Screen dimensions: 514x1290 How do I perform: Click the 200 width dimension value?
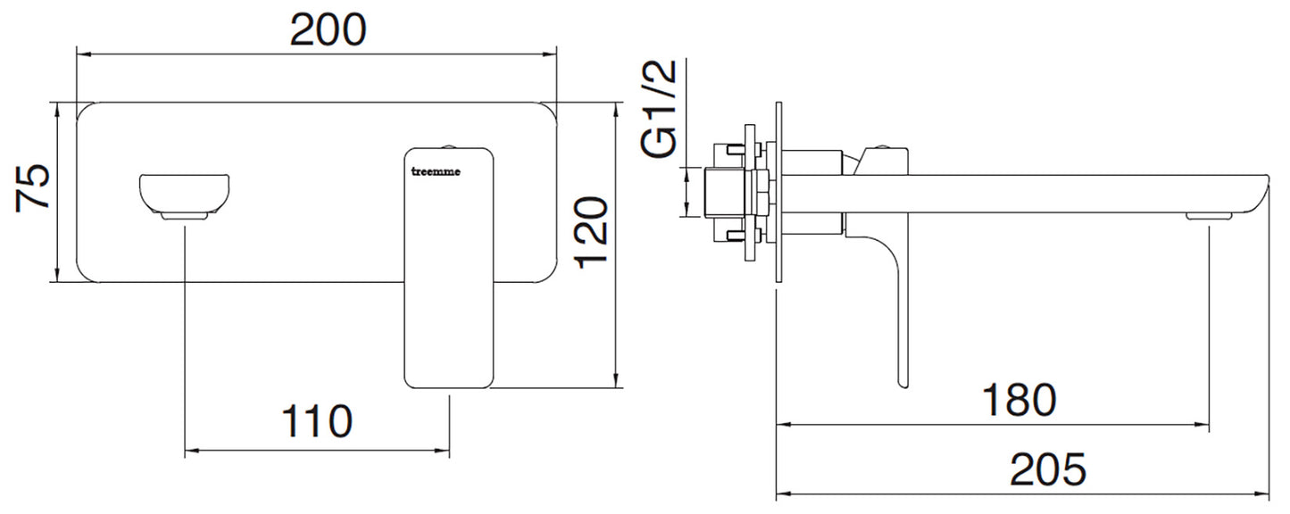click(328, 30)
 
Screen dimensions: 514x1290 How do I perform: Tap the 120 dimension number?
click(590, 234)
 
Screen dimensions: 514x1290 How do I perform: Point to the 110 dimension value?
click(317, 421)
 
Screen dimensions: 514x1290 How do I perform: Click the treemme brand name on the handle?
click(437, 173)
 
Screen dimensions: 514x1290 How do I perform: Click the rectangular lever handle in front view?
click(449, 268)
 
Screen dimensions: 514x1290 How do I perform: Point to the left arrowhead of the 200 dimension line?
click(81, 54)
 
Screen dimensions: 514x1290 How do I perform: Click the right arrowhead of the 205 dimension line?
click(1266, 492)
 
